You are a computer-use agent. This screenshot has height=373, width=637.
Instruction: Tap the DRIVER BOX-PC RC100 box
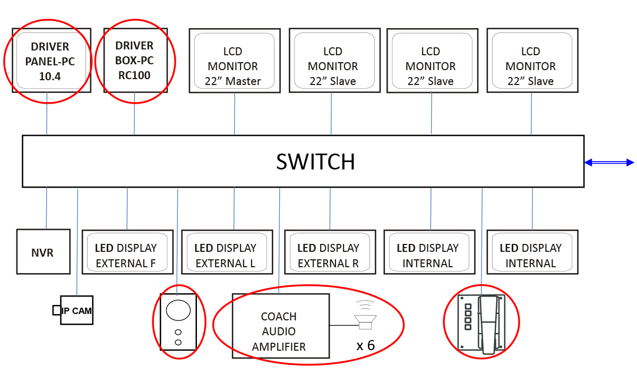(134, 60)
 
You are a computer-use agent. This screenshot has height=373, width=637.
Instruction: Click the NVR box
(42, 252)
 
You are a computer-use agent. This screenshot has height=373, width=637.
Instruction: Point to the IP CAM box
(77, 311)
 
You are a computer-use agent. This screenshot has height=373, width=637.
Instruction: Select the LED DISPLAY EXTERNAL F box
(126, 252)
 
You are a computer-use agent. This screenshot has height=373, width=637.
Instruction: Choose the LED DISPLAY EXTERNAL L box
(226, 252)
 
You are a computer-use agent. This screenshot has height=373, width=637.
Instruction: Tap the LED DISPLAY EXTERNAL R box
(329, 252)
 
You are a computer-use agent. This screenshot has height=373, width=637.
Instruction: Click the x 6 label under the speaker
(366, 346)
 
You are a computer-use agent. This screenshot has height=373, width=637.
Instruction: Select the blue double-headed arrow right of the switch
(609, 163)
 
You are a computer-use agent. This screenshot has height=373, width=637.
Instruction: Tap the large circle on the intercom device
(178, 310)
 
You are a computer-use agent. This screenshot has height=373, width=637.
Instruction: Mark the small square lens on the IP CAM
(56, 310)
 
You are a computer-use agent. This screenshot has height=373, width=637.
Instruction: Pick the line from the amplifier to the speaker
(342, 325)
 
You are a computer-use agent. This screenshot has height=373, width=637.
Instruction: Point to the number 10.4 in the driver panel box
(50, 77)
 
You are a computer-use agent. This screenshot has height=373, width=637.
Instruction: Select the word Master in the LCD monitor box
(243, 81)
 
